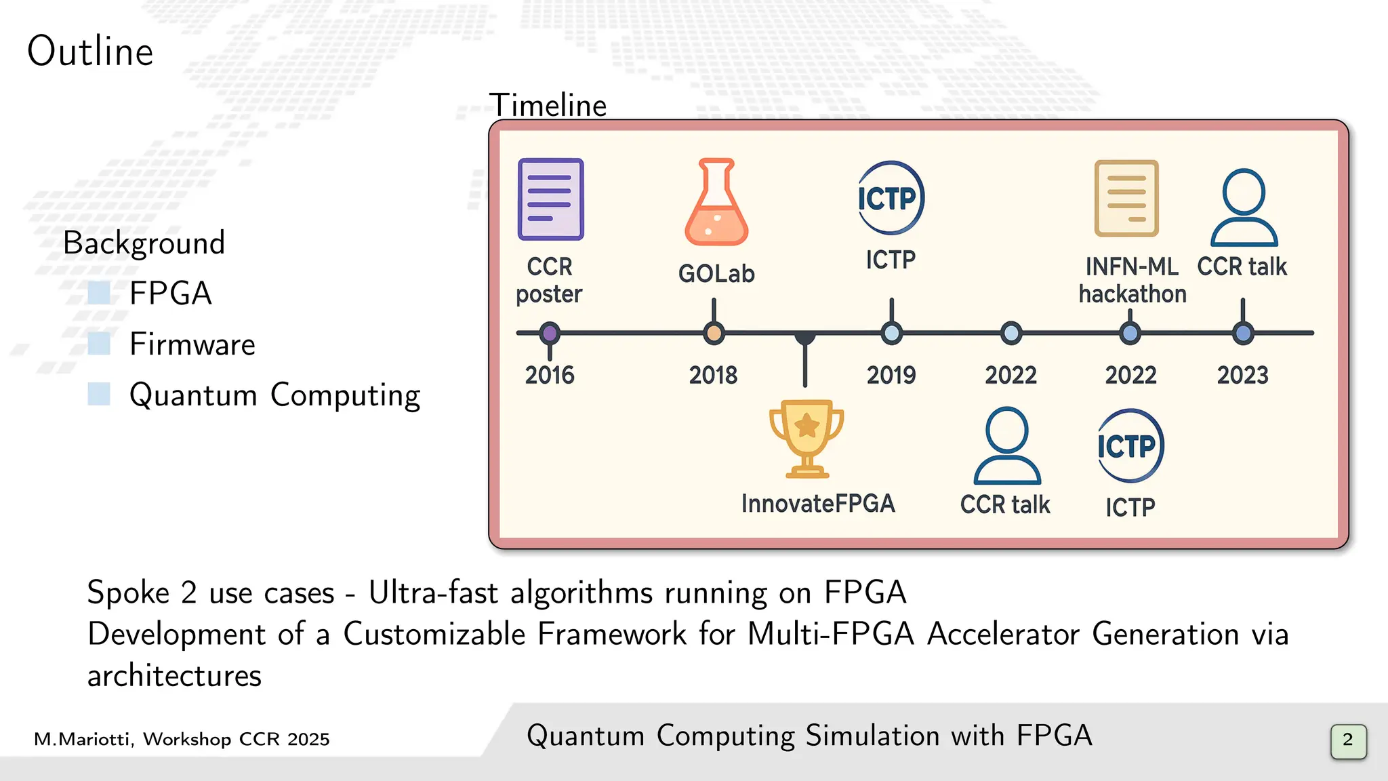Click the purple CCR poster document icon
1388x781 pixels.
pos(550,199)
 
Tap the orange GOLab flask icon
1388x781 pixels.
pos(716,203)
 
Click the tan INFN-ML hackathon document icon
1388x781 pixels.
pos(1126,198)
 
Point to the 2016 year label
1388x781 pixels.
pos(550,375)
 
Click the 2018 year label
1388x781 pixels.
pos(713,375)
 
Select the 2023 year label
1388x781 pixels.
pos(1242,375)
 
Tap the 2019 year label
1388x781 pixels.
pos(891,375)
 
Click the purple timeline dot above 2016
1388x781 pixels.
pos(550,333)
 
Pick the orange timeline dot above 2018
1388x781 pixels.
pos(714,333)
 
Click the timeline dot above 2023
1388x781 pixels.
pos(1243,333)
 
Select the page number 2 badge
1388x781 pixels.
pos(1347,740)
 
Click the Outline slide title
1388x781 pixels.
pos(90,52)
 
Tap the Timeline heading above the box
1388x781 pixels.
pos(548,105)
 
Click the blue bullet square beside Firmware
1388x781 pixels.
pos(99,344)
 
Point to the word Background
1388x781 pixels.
pos(144,243)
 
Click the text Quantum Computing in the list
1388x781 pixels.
pos(274,395)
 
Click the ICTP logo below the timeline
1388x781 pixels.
pos(1130,445)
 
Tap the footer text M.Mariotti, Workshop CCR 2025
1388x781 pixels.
pos(182,739)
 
